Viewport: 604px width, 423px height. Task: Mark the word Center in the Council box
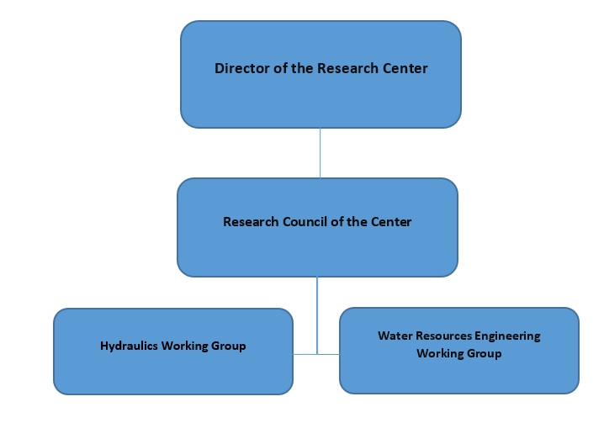coord(391,222)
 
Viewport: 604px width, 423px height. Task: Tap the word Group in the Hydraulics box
coord(230,346)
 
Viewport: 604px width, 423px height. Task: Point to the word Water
coord(394,336)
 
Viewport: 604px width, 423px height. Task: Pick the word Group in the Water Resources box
coord(485,353)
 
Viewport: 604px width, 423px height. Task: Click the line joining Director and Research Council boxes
coord(320,152)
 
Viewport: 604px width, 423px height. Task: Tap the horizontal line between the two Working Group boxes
coord(316,354)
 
